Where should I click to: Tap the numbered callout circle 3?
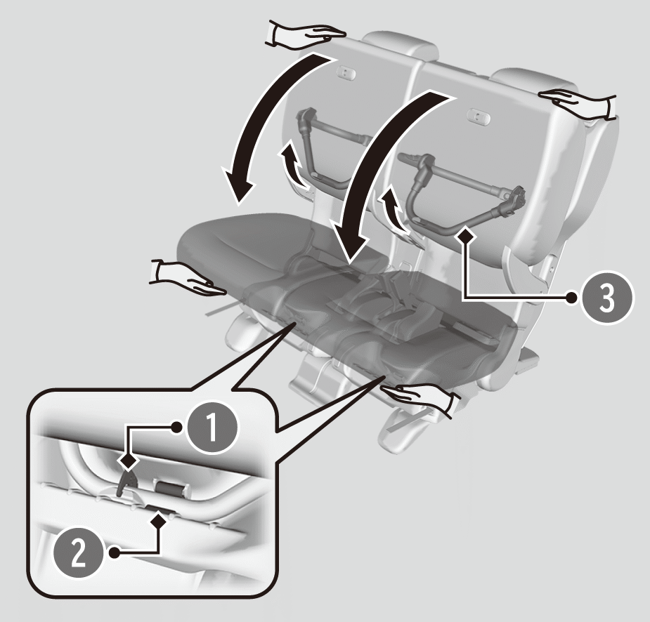pos(607,298)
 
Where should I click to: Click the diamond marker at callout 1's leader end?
pos(128,461)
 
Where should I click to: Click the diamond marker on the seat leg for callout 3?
pos(466,236)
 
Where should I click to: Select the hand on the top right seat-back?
pos(578,102)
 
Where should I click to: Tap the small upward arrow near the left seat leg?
pos(292,166)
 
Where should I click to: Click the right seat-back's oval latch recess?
pos(478,117)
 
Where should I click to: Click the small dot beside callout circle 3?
pos(572,298)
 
